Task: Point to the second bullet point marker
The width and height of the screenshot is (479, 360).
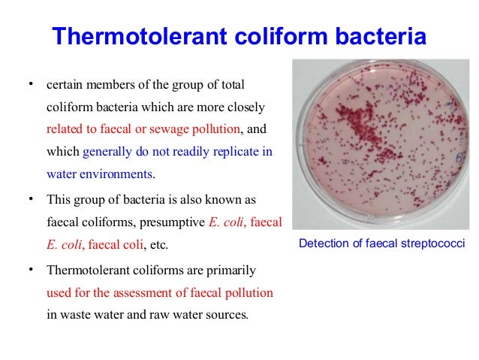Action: point(30,199)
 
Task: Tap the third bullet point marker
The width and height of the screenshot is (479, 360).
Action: point(30,269)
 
